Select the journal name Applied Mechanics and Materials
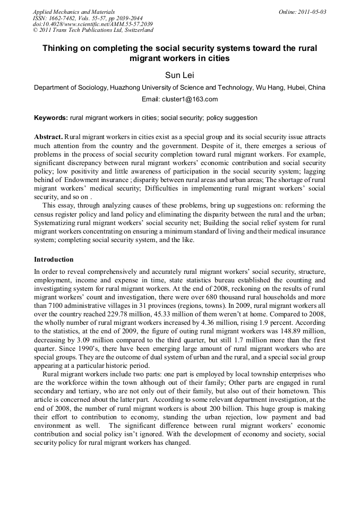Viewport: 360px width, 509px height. point(74,12)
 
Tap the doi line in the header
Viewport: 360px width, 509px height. point(93,24)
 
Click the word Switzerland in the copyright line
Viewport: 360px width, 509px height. point(136,31)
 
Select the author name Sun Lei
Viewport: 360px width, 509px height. point(179,75)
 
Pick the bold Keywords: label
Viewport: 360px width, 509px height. point(51,118)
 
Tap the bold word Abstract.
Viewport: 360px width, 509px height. point(48,137)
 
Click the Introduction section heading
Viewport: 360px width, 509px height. point(54,260)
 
